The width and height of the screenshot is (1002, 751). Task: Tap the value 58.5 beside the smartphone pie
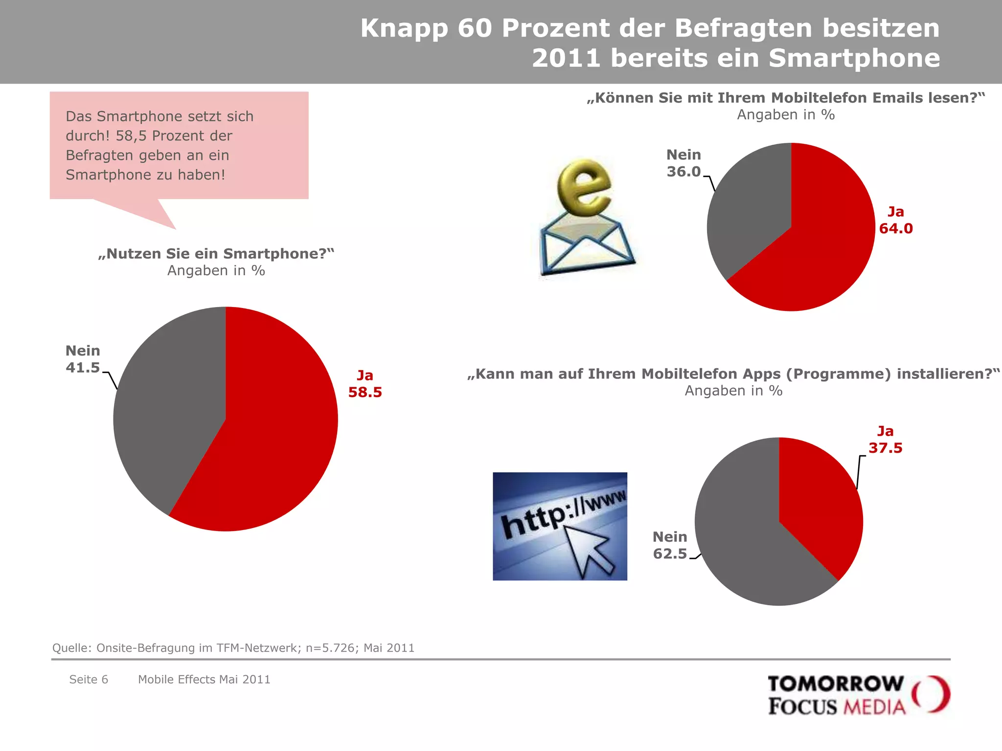pos(365,392)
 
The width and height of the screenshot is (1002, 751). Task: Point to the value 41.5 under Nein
pos(83,368)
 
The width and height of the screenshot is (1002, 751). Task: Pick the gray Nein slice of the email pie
pos(749,215)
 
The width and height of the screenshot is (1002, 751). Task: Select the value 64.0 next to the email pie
pos(896,228)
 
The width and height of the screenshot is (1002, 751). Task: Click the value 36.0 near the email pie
pos(683,172)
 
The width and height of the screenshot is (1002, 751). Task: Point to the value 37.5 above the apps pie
pos(885,448)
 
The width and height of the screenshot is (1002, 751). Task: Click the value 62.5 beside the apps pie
pos(670,554)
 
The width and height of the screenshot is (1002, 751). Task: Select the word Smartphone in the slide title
pos(854,58)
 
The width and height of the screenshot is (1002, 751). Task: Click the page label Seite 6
pos(89,679)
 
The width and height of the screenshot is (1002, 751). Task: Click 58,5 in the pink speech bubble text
pos(131,136)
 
